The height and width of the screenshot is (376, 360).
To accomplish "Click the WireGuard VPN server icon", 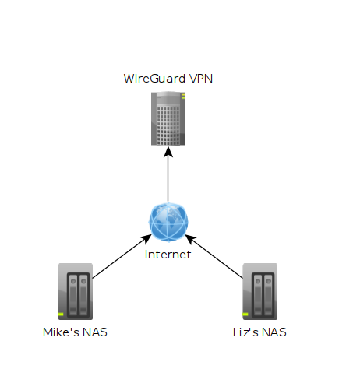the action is tap(168, 118).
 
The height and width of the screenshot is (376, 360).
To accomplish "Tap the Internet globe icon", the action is tap(168, 222).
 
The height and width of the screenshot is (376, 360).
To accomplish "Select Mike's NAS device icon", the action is tap(76, 291).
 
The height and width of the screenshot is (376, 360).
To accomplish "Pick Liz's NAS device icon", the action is tap(260, 291).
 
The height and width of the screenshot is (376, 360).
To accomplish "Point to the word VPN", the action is tap(201, 79).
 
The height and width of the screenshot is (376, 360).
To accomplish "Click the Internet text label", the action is tap(168, 255).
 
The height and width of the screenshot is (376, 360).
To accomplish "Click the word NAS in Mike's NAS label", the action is tap(95, 332).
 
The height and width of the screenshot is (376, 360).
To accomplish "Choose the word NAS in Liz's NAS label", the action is tap(274, 332).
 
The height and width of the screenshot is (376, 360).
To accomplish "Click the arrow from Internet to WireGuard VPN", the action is tap(168, 174).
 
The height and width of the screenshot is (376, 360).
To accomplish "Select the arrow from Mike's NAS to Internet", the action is tap(122, 256).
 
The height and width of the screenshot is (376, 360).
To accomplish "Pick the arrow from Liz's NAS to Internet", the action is tap(214, 256).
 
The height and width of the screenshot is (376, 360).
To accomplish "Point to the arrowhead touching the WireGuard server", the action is tap(168, 152).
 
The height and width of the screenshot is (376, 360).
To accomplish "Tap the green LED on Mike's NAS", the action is tap(61, 315).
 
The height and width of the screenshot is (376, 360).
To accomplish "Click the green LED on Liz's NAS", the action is tap(245, 315).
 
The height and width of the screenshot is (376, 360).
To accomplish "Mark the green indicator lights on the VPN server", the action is tap(183, 97).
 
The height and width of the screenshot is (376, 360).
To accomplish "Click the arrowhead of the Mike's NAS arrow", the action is tap(146, 238).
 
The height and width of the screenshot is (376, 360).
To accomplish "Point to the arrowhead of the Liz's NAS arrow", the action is tap(190, 238).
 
